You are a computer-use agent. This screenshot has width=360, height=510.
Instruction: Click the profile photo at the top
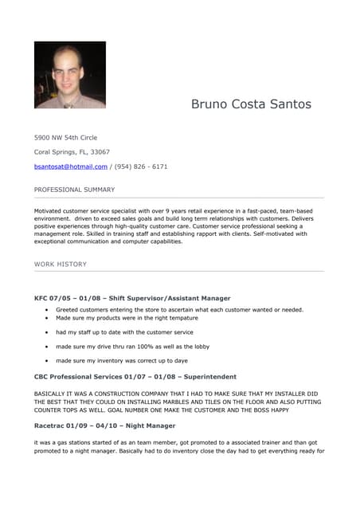coord(69,75)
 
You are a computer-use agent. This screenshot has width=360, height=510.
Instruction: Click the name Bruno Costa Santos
coord(251,104)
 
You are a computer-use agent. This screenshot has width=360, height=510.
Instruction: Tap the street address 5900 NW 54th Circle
coord(65,137)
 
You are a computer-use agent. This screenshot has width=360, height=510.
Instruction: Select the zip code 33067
coord(100,151)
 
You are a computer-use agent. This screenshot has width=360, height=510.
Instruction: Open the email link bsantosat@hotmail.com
coord(70,167)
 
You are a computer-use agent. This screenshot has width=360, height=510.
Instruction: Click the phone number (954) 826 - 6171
coord(141,167)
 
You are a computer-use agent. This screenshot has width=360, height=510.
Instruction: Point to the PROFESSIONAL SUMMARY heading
coord(74,190)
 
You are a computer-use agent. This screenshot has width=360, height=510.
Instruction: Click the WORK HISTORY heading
coord(61,264)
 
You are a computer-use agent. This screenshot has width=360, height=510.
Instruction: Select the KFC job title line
coord(132,298)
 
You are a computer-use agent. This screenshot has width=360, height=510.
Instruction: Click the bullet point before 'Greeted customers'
coord(47,309)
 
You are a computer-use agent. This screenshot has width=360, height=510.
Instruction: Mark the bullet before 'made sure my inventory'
coord(47,361)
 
